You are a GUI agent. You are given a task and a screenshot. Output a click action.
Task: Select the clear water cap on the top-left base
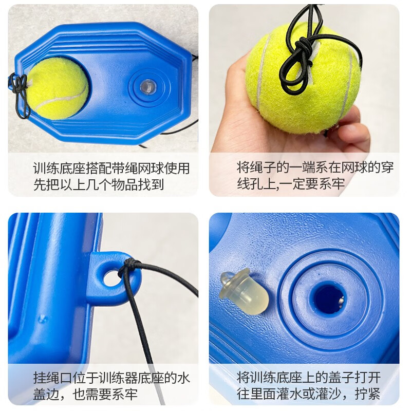(147, 86)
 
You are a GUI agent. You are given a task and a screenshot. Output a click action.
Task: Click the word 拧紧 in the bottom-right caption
(371, 394)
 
